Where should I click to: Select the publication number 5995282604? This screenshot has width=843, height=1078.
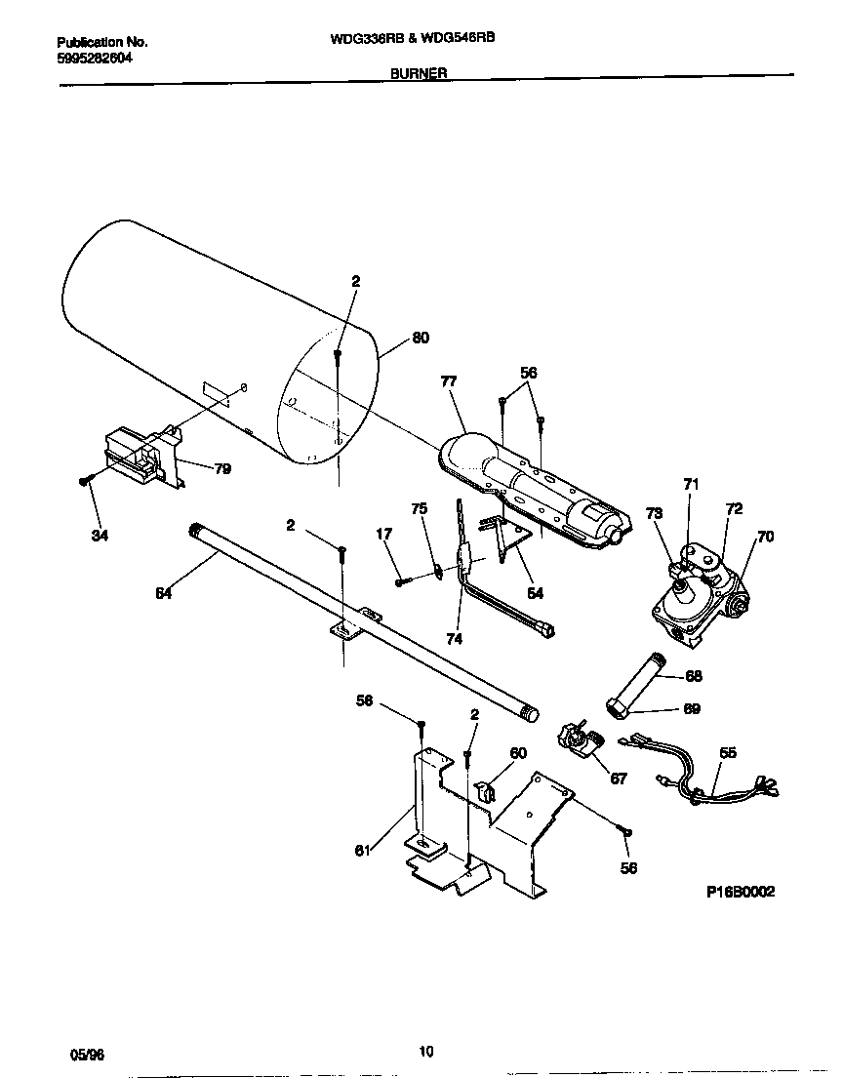pyautogui.click(x=96, y=58)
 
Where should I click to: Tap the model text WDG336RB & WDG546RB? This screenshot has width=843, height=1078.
pyautogui.click(x=419, y=42)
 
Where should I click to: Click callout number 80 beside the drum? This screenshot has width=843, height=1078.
pyautogui.click(x=421, y=339)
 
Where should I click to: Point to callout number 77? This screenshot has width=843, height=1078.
pyautogui.click(x=448, y=381)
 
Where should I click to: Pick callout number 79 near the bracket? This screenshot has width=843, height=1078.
pyautogui.click(x=222, y=469)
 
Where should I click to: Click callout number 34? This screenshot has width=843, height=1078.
pyautogui.click(x=99, y=534)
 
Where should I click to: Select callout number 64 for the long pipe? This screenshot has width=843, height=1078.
pyautogui.click(x=163, y=592)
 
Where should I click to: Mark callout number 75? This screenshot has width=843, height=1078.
pyautogui.click(x=419, y=508)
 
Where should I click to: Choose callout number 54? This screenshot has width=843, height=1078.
pyautogui.click(x=535, y=592)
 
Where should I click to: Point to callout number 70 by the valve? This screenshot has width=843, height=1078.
pyautogui.click(x=765, y=536)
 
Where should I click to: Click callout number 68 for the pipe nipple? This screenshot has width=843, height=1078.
pyautogui.click(x=694, y=675)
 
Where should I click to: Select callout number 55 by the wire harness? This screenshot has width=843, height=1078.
pyautogui.click(x=727, y=753)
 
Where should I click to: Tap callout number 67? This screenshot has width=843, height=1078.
pyautogui.click(x=619, y=778)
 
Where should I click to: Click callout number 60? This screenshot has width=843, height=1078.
pyautogui.click(x=518, y=752)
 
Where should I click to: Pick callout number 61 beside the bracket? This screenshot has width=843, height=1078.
pyautogui.click(x=363, y=851)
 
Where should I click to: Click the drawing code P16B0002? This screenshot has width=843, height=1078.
pyautogui.click(x=741, y=892)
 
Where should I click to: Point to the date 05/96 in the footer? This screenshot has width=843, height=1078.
pyautogui.click(x=86, y=1055)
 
